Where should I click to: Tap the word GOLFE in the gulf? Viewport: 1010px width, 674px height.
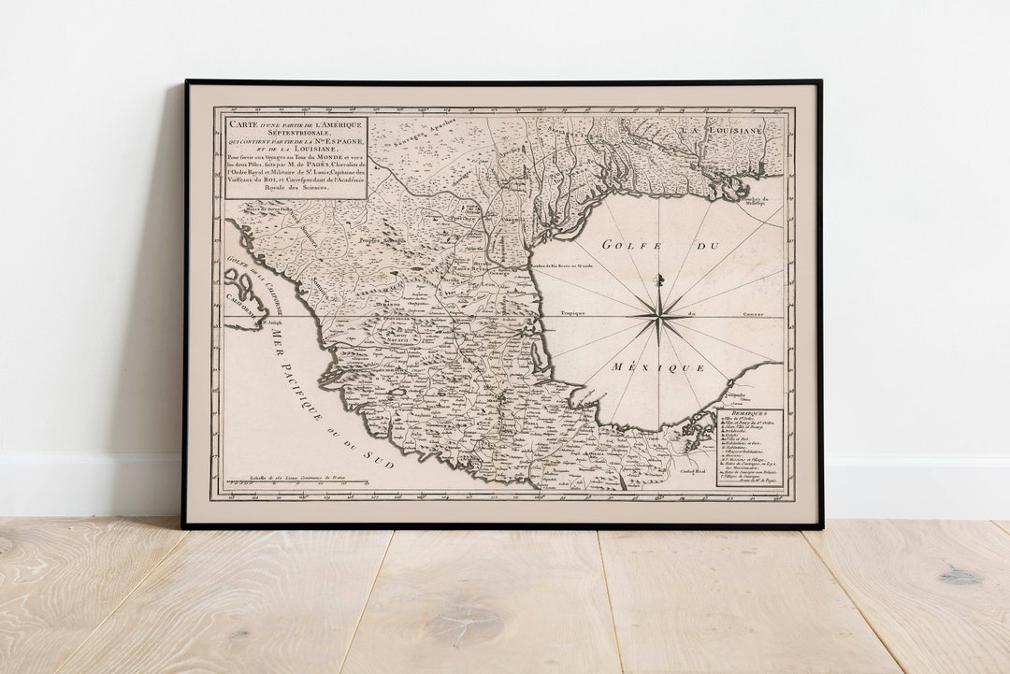pos(626,245)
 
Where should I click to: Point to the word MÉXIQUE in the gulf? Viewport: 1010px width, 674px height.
pos(658,367)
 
